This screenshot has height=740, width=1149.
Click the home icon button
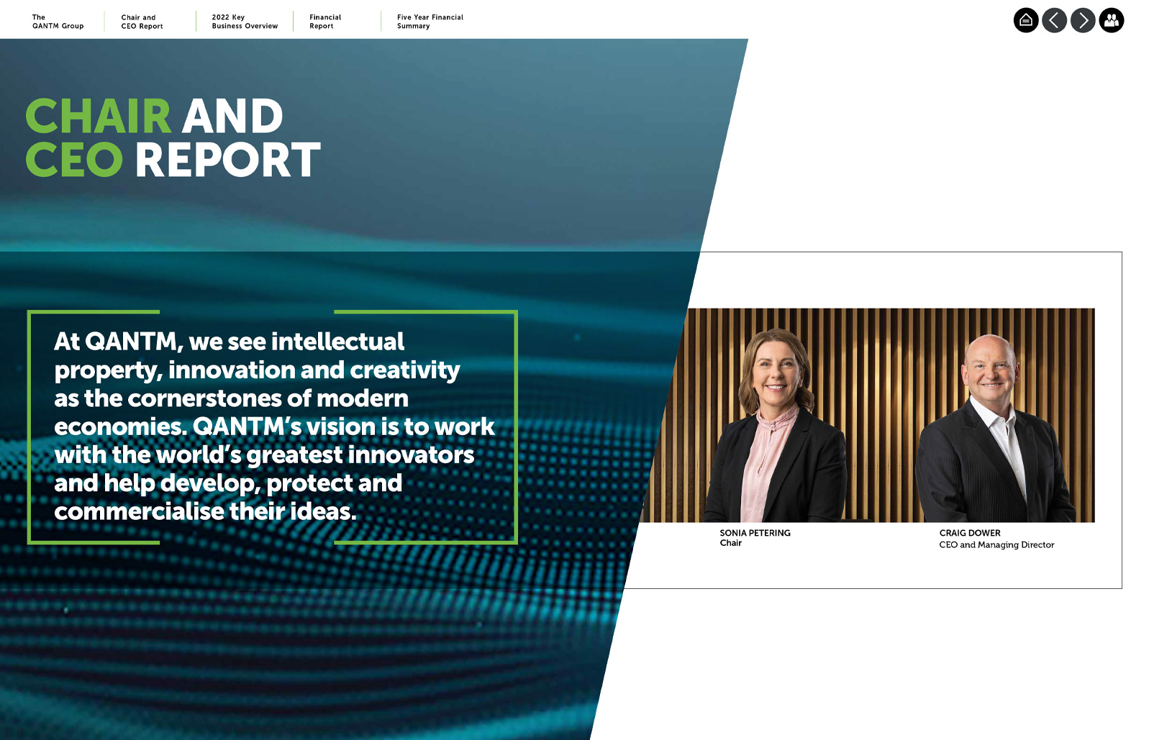1026,21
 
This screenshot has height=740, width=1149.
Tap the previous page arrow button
1054,21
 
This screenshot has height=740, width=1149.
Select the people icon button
1112,21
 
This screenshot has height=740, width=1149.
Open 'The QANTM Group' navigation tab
58,22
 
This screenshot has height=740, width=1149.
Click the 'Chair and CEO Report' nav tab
142,22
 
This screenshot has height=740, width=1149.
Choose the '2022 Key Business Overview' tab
245,22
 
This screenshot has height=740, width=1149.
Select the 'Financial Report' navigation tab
325,22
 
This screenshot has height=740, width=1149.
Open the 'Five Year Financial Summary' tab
430,22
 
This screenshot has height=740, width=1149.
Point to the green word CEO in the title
74,160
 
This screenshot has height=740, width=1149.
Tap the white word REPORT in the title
228,160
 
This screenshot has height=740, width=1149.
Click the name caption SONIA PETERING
755,533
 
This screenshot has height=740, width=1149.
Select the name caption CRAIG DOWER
970,533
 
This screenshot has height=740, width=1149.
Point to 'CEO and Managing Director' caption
996,544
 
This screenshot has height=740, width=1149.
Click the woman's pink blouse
766,462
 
